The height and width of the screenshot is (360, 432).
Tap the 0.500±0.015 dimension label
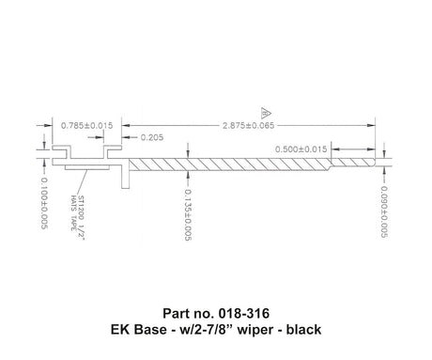[301, 149]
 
